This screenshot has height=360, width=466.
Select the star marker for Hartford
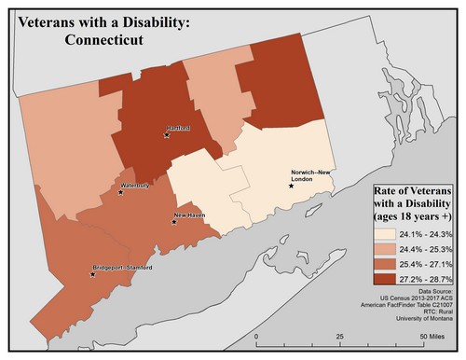point(167,135)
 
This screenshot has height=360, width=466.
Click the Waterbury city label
point(134,186)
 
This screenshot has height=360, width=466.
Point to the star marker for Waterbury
point(120,193)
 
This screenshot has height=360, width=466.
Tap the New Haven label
point(190,215)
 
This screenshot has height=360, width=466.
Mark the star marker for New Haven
point(174,222)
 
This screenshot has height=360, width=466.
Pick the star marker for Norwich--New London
point(292,186)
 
